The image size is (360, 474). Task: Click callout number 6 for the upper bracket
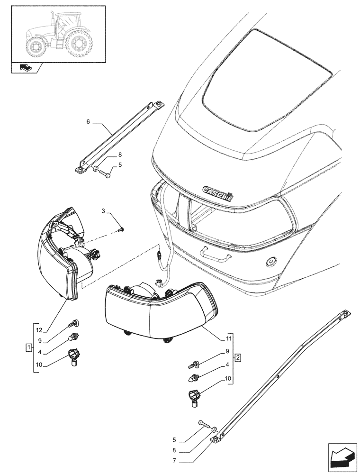(88, 122)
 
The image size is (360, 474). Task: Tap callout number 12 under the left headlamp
(39, 330)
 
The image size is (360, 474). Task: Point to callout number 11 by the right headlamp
(229, 338)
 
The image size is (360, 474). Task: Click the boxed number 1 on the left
(29, 348)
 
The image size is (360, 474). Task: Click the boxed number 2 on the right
(238, 356)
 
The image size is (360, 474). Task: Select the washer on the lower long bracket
(215, 429)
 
